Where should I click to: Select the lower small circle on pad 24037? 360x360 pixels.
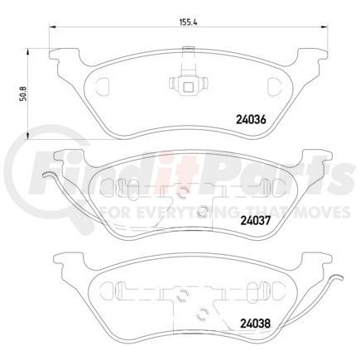[x=203, y=210]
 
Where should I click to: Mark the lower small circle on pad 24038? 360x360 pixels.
[x=203, y=312]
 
